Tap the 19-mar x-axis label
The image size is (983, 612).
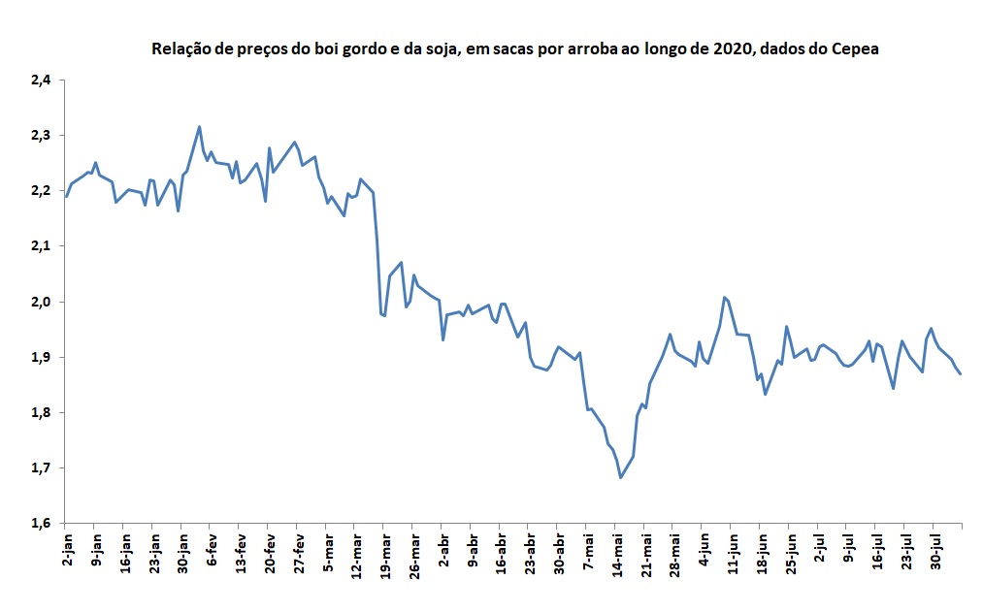[x=384, y=554]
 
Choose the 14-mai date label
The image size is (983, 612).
[x=616, y=554]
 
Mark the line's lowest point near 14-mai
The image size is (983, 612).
[x=620, y=477]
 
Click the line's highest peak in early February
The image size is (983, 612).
[x=199, y=126]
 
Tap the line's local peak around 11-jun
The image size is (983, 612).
[x=724, y=297]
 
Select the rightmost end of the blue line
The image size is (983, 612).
[x=961, y=374]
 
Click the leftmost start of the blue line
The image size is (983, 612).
[x=66, y=196]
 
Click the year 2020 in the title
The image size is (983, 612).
[x=727, y=48]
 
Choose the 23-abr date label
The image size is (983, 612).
[x=530, y=554]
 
